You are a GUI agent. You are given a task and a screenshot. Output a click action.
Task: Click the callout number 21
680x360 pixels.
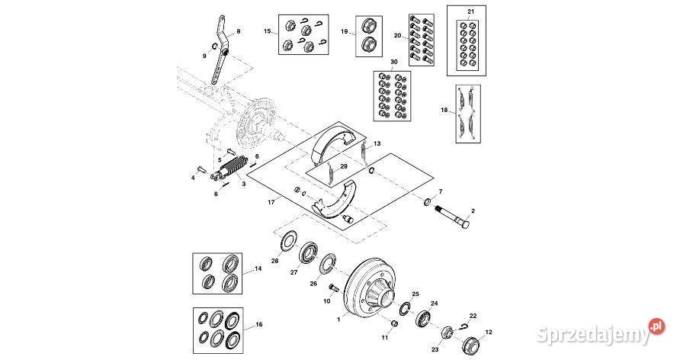[470, 12]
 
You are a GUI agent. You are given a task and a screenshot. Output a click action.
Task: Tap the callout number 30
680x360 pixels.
[393, 62]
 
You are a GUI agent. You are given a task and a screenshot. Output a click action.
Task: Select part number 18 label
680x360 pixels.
[444, 110]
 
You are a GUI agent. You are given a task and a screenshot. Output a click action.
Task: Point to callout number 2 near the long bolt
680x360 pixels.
[473, 210]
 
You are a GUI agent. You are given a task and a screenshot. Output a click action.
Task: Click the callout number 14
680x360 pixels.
[258, 268]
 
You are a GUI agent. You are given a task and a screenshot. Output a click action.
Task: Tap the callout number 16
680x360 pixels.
[258, 324]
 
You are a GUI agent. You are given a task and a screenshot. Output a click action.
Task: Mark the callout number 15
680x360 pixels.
[268, 31]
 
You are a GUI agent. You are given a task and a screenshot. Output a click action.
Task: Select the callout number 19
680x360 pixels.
[345, 31]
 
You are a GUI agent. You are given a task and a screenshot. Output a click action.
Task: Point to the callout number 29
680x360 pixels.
[344, 166]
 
